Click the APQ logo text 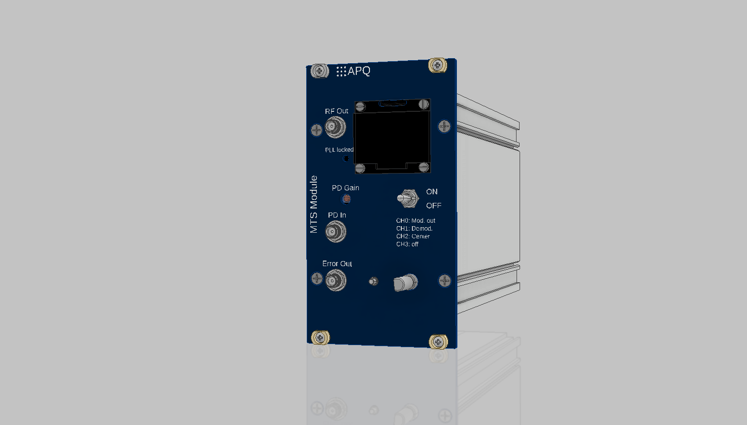(x=358, y=71)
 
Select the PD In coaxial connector (x=336, y=231)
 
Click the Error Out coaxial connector (x=336, y=280)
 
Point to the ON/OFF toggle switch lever (x=404, y=199)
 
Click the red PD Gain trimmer (x=347, y=199)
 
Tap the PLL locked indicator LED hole (x=346, y=158)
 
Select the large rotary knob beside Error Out (x=405, y=283)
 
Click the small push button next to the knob (x=373, y=281)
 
